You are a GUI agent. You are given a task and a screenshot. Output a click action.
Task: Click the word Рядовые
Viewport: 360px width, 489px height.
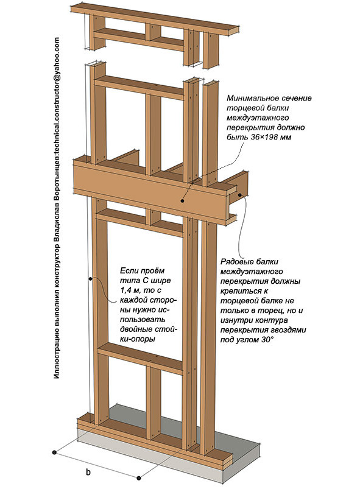pos(236,262)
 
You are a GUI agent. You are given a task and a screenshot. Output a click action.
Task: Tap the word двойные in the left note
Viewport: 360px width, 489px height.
pos(135,329)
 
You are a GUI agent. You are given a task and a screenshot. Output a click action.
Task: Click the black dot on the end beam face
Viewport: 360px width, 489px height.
pos(182,201)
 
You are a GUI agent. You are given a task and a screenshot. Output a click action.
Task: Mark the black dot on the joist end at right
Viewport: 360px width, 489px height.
pos(240,195)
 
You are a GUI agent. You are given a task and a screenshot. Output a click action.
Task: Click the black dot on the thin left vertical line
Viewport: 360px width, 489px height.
pos(91,279)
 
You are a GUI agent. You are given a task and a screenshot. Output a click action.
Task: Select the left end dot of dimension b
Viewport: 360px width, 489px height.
pos(54,452)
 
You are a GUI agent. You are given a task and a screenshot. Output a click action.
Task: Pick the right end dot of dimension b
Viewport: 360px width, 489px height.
pos(139,478)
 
